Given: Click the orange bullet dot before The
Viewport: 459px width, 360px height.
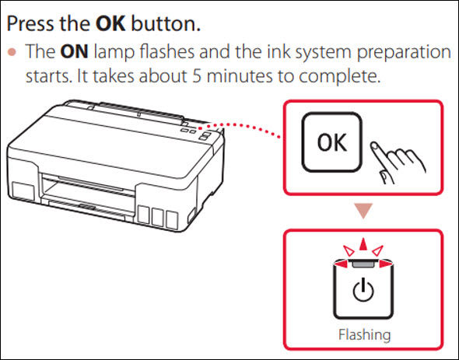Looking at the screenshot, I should click(x=14, y=54).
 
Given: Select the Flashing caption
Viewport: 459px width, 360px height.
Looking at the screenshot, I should click(x=363, y=335).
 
